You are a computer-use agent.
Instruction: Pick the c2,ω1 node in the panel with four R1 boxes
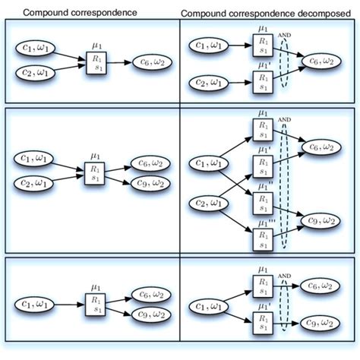[x=210, y=202]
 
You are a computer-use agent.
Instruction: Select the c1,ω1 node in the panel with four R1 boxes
[x=210, y=163]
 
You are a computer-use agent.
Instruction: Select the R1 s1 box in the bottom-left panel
[x=95, y=303]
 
